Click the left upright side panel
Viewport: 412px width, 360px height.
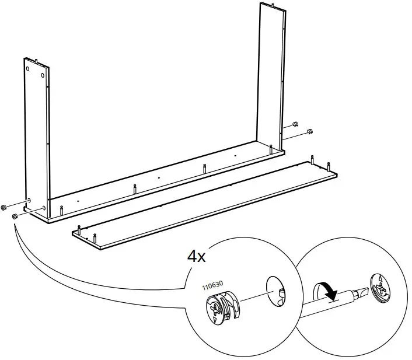coord(36,134)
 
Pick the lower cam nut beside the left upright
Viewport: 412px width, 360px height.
coord(15,216)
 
